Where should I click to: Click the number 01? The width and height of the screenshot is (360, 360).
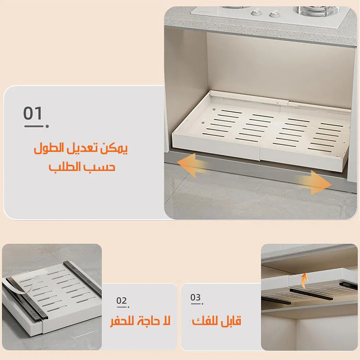33,113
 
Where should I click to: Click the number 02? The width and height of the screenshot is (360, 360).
121,300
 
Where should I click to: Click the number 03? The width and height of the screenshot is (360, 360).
195,297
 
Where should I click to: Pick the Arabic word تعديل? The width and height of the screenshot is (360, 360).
82,148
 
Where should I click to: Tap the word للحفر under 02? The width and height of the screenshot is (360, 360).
123,320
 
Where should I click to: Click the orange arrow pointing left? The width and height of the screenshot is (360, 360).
192,165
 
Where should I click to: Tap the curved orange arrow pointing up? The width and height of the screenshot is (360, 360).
304,280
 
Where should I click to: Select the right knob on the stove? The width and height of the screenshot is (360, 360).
274,14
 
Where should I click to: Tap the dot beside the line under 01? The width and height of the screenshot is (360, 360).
47,126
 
